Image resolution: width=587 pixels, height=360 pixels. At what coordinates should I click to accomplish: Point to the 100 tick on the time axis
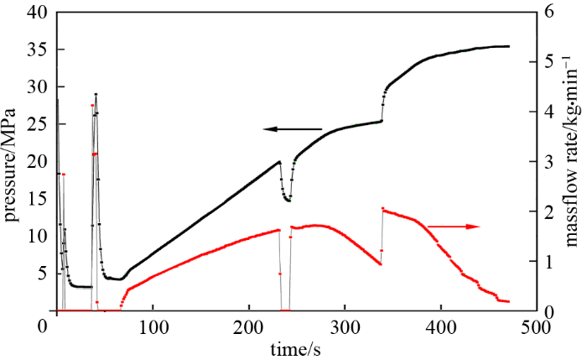coord(153,324)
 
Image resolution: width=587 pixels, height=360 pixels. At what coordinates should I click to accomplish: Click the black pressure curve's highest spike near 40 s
coord(96,94)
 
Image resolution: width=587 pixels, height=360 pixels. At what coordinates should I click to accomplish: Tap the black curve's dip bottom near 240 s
coord(288,201)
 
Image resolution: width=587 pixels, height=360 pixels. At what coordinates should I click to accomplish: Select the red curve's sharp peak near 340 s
coord(382,208)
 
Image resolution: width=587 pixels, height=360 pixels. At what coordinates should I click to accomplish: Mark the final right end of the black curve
coord(508,46)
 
